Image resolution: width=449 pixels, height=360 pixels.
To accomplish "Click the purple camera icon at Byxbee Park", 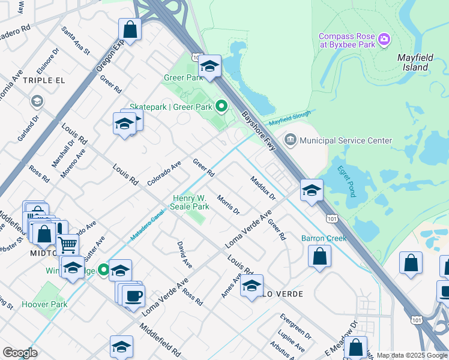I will tap(385, 40).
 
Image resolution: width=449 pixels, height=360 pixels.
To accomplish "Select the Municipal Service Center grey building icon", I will tap(291, 140).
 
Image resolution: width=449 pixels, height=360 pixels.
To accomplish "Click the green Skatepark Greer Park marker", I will tap(221, 107).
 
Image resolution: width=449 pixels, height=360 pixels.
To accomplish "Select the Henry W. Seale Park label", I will tap(191, 202).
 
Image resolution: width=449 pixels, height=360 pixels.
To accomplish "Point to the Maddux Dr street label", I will tap(262, 187).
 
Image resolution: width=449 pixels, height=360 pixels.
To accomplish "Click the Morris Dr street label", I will tap(228, 205).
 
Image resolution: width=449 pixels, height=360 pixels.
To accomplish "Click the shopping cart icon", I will tap(68, 244).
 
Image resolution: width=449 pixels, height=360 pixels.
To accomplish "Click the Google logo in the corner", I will tap(20, 352).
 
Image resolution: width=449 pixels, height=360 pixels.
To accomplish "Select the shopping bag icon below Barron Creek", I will tap(321, 256).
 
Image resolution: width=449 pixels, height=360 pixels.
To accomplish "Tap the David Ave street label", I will tap(184, 254).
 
